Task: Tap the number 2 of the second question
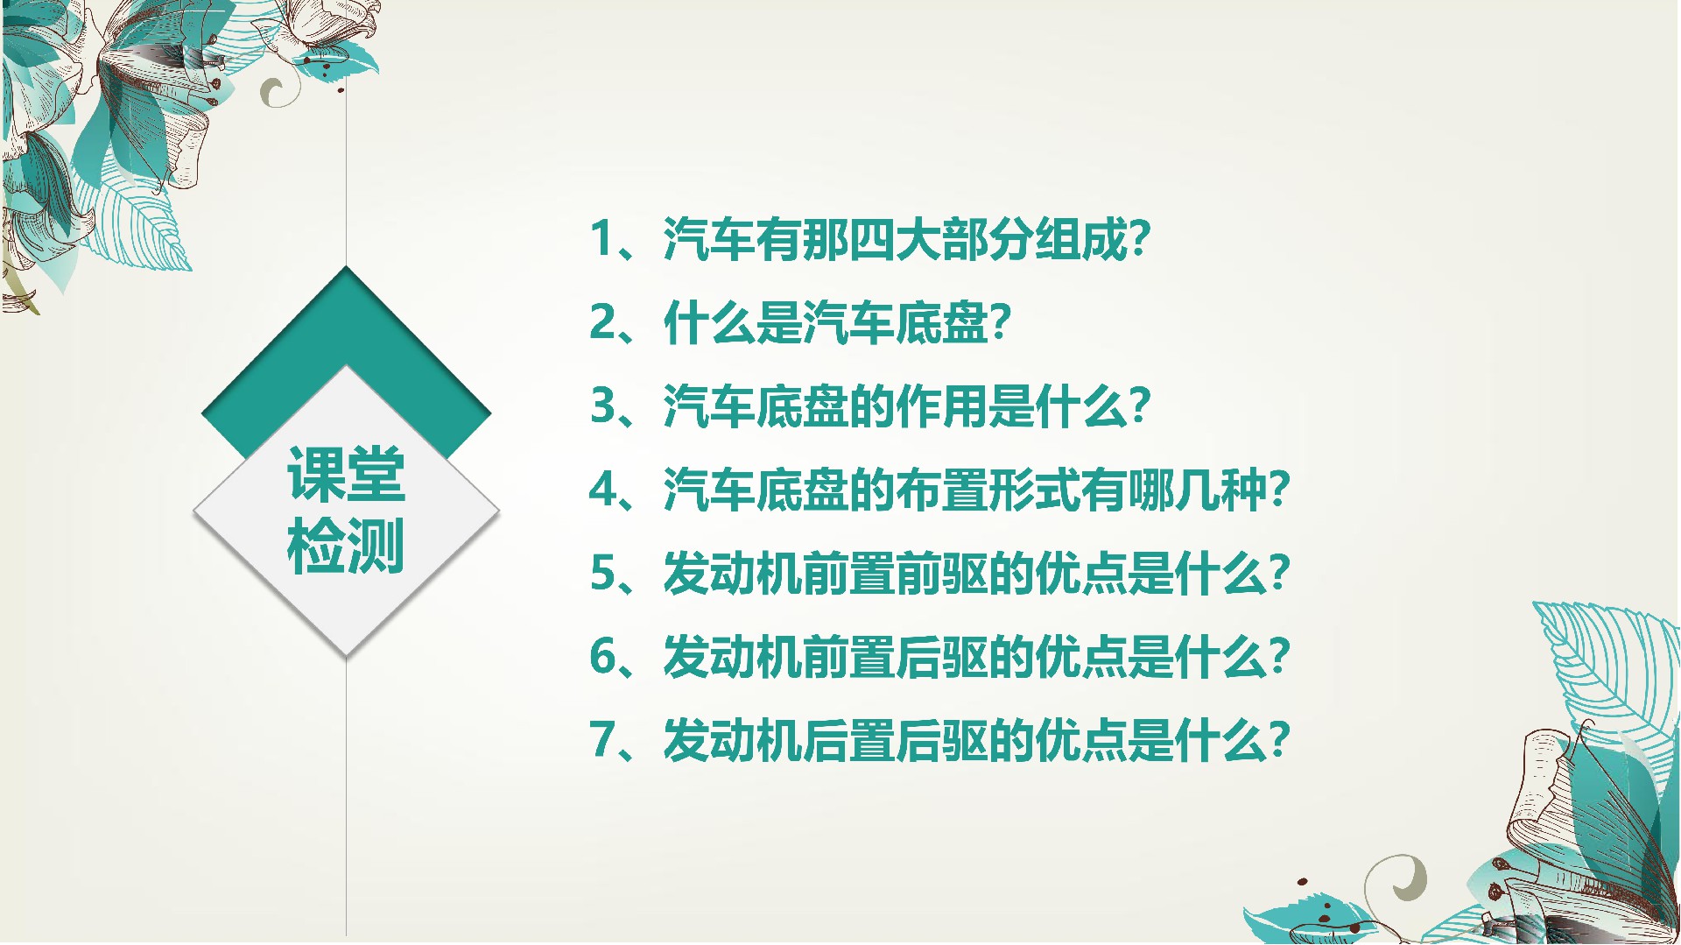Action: click(604, 321)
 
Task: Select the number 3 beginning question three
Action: click(604, 406)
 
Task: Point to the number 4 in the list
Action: click(604, 489)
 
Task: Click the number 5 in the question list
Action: click(604, 573)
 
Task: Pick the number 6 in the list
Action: click(604, 656)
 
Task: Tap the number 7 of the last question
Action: click(604, 740)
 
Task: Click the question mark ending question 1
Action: click(1139, 237)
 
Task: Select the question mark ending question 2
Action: click(1000, 321)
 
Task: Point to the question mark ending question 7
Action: click(1278, 740)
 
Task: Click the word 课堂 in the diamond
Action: click(347, 474)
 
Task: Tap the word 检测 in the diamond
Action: click(347, 546)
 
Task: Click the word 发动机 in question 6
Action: click(733, 657)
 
